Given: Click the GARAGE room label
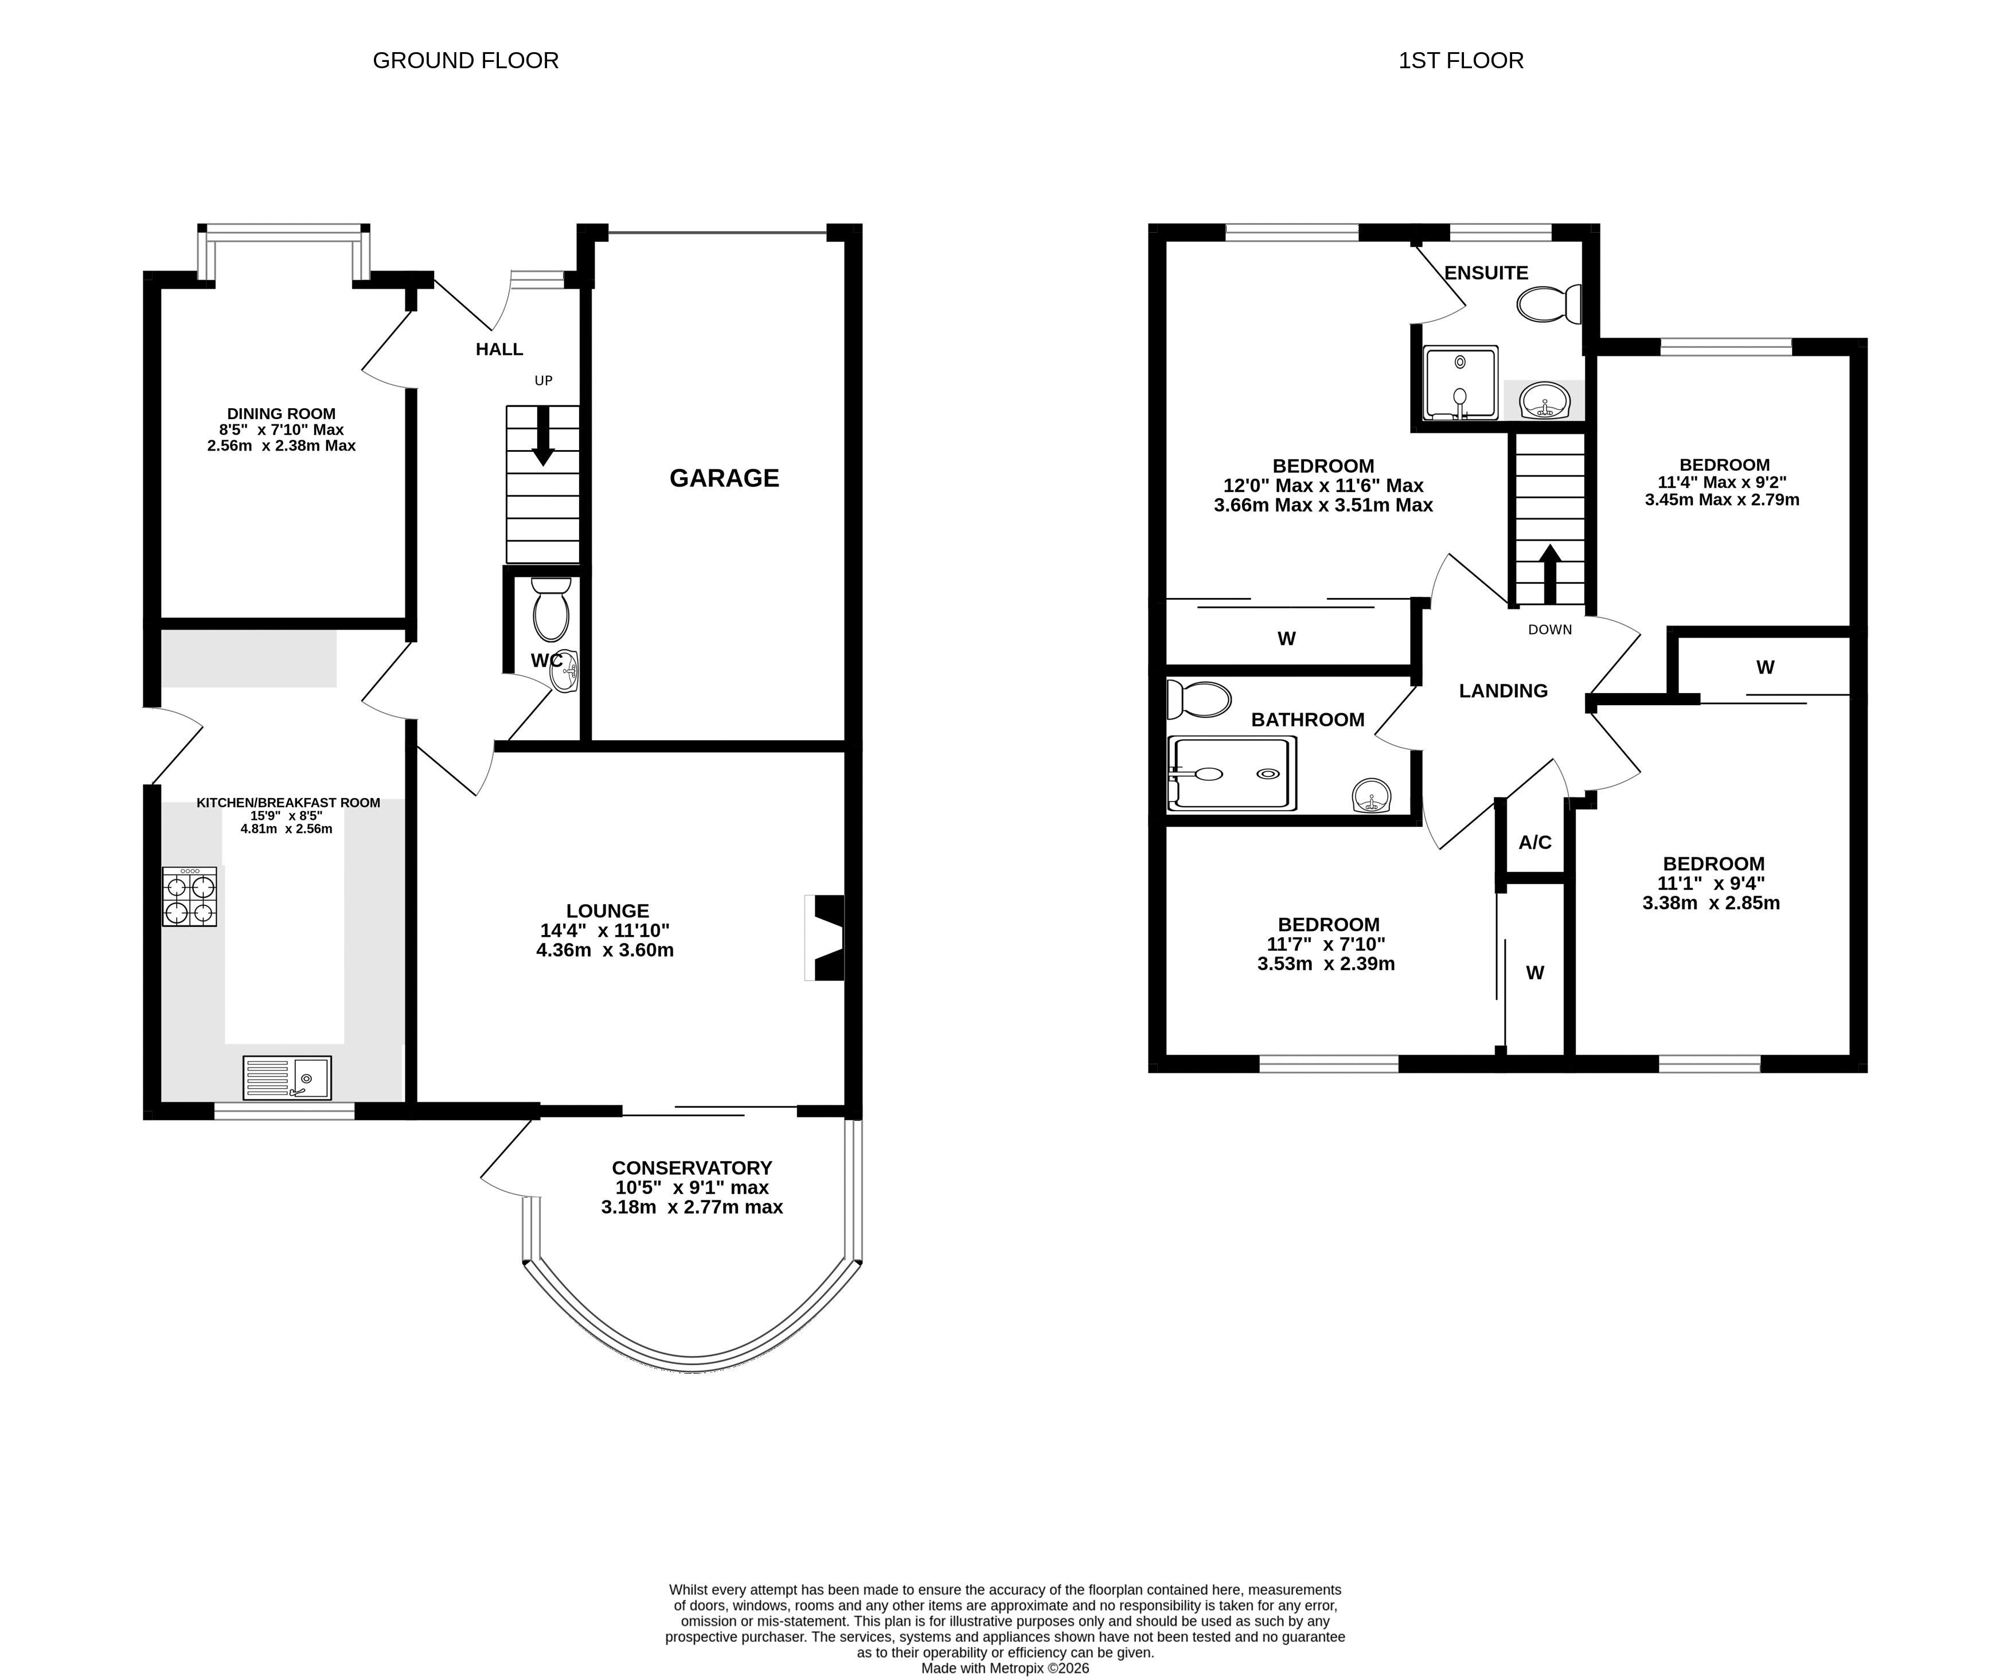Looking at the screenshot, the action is click(724, 478).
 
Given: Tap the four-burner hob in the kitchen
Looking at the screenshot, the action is click(190, 897).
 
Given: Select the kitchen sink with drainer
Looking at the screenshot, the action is click(287, 1077).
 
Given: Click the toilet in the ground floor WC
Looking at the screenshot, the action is click(550, 609).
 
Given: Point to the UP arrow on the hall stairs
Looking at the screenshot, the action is click(543, 436).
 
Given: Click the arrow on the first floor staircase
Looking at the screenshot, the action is click(1548, 574).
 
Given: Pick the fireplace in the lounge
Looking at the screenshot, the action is click(825, 937).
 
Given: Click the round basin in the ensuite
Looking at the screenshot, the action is click(1545, 400).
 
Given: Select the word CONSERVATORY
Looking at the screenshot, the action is click(692, 1167).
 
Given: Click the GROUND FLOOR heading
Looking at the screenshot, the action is click(466, 60).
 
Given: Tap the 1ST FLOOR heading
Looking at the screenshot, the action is click(1461, 60).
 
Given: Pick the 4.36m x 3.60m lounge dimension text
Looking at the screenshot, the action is click(605, 950).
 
